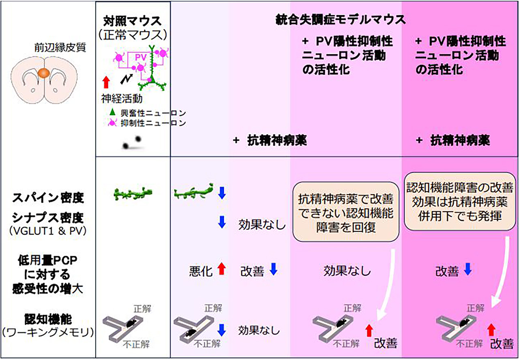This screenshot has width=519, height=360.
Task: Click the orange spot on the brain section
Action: click(44, 73)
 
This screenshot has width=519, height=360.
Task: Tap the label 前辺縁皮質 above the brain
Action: click(60, 48)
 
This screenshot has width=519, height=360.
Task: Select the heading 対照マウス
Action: click(132, 21)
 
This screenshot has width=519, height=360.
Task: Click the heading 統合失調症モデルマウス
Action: click(341, 19)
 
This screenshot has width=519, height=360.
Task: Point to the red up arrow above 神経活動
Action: click(106, 82)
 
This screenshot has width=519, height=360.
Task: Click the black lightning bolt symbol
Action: click(127, 79)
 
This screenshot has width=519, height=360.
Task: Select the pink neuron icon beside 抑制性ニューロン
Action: click(112, 122)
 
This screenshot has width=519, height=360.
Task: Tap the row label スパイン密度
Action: click(48, 198)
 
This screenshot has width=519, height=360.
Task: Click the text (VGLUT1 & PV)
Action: click(48, 231)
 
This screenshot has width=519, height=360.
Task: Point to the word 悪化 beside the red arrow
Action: click(201, 271)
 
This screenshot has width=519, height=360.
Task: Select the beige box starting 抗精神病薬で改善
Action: click(346, 212)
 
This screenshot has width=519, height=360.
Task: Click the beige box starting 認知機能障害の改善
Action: click(460, 201)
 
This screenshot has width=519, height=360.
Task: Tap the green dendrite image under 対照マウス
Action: click(133, 193)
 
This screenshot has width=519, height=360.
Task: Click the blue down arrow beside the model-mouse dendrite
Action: click(222, 193)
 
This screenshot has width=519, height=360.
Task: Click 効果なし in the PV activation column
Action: click(347, 270)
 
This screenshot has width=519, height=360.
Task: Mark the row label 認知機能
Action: click(48, 320)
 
